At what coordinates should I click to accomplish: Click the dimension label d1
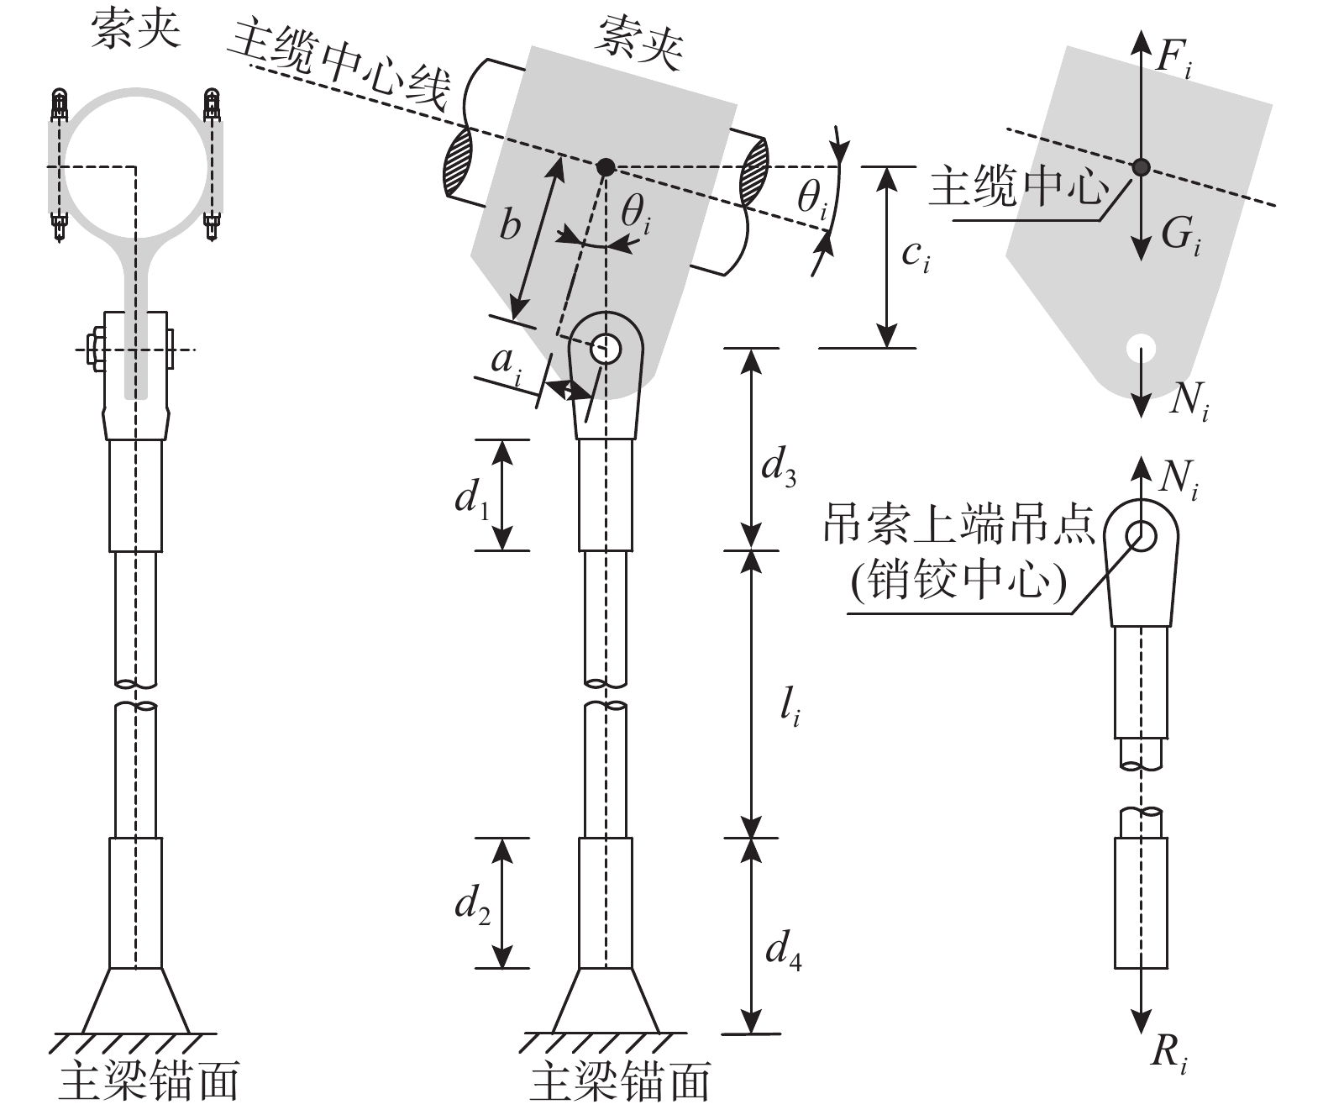tap(472, 501)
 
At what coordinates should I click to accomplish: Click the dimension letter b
tap(510, 225)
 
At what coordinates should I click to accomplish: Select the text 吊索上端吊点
tap(959, 526)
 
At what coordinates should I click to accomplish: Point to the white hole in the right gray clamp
tap(1141, 345)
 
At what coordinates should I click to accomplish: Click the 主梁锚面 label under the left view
tap(149, 1082)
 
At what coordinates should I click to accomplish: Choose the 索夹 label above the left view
tap(136, 31)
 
